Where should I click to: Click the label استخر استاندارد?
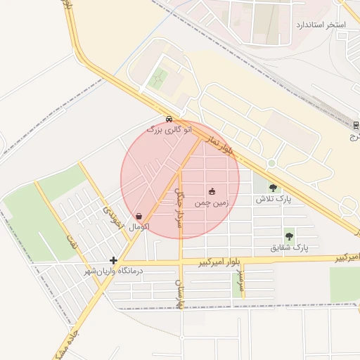point(322,25)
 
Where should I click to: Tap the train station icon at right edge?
point(355,125)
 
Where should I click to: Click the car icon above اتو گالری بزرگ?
point(169,119)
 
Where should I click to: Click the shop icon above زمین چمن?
point(212,191)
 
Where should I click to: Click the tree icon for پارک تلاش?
point(273,188)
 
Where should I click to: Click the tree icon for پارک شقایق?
point(289,236)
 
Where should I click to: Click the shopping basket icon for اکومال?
point(139,216)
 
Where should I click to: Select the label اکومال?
point(139,227)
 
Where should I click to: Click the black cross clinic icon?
point(113,260)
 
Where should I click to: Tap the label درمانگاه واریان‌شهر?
point(113,271)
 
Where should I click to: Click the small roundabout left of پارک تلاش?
point(271,163)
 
